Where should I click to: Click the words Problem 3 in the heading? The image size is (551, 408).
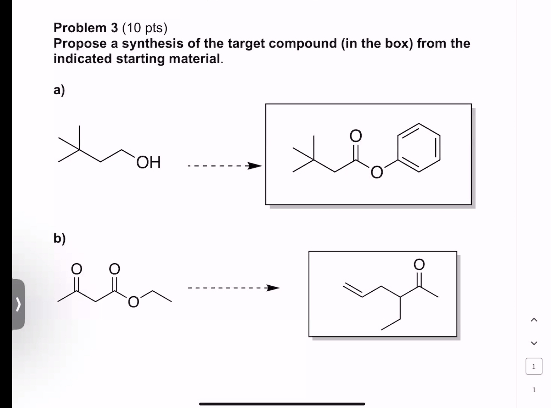click(85, 28)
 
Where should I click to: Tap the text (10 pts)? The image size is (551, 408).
click(145, 28)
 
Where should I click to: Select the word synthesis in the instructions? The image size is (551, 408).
click(153, 44)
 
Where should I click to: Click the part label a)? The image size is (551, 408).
click(59, 90)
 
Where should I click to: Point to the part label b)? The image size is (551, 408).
click(59, 238)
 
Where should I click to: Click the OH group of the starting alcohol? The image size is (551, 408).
click(149, 162)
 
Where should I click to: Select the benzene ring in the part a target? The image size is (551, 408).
click(419, 148)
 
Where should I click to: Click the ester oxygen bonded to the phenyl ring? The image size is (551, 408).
click(376, 173)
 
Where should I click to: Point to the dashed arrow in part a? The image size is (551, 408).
click(225, 166)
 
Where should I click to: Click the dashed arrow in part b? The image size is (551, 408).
click(234, 289)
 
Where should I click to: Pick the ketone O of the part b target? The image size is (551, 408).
click(419, 264)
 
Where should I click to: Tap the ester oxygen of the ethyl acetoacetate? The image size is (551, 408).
click(133, 302)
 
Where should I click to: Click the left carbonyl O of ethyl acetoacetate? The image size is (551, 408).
click(77, 269)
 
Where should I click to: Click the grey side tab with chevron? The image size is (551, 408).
click(19, 304)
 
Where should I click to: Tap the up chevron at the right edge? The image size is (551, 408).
click(534, 320)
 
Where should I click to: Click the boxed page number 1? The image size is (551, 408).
click(534, 367)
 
